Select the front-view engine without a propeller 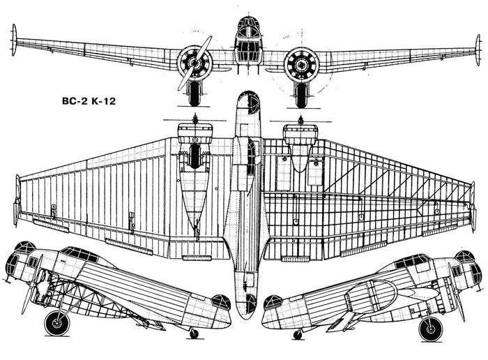[x=301, y=64]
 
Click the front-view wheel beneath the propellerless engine [x=301, y=95]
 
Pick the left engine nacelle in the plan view [x=195, y=167]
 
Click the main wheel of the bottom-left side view [x=56, y=323]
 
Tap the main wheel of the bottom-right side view [x=430, y=328]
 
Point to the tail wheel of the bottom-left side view [x=194, y=333]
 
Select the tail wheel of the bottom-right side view [x=298, y=334]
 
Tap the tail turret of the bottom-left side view [x=221, y=302]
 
